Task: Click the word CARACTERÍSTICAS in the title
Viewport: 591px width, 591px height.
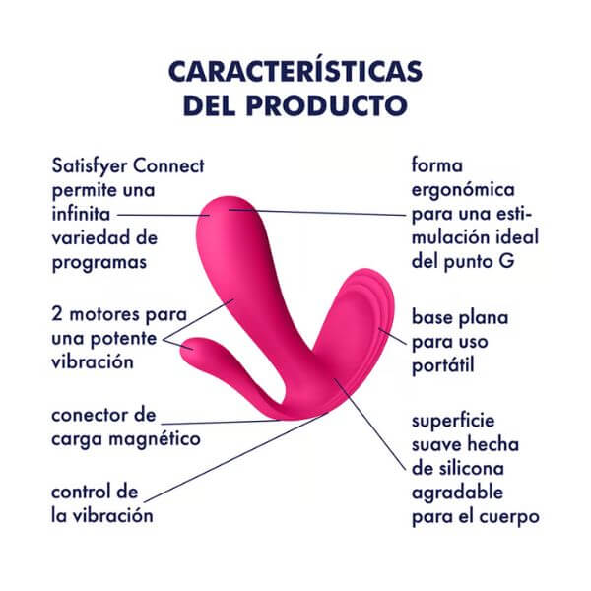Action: pos(295,71)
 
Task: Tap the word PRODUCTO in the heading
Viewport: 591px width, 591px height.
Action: pos(327,105)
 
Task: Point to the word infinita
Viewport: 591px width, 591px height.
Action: pos(81,214)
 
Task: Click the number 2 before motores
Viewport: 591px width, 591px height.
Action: pos(57,314)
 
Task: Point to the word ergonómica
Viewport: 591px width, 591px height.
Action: pos(463,190)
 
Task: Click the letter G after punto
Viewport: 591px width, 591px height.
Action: pos(506,261)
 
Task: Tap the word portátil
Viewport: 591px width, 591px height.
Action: pos(443,365)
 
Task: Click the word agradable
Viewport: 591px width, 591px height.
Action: pos(458,493)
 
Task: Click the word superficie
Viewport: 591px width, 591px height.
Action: pos(453,421)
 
